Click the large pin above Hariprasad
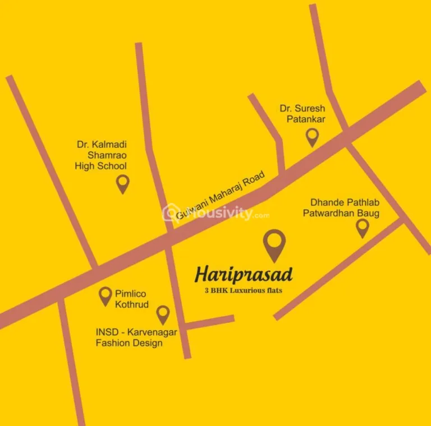tap(274, 244)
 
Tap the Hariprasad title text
tap(244, 275)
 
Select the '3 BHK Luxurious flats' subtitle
tap(243, 290)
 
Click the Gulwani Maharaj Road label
tap(228, 197)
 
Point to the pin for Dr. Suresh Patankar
tap(312, 136)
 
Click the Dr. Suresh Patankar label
tap(302, 113)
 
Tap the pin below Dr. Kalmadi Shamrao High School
tap(122, 183)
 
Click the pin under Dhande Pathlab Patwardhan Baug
tap(363, 227)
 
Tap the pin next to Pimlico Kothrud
tap(105, 295)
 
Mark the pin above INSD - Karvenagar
tap(163, 314)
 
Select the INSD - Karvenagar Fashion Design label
tap(136, 337)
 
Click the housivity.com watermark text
tap(224, 214)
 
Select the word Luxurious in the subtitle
tap(247, 290)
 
